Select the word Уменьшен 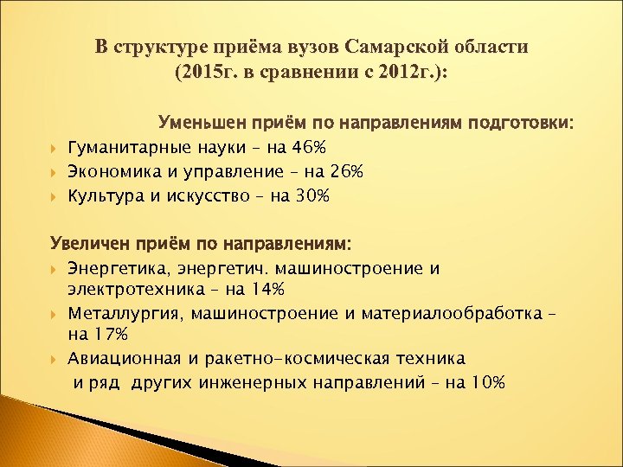[204, 123]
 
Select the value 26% [344, 172]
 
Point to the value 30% [311, 196]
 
